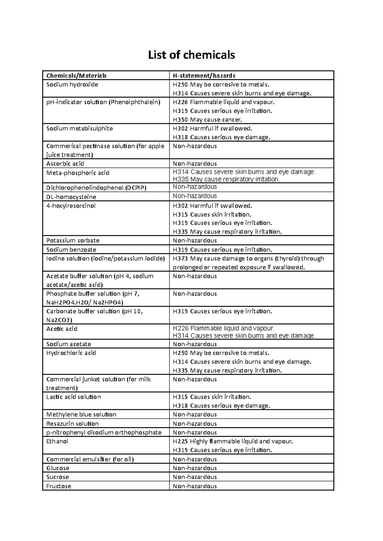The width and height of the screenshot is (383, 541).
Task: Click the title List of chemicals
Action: click(x=191, y=55)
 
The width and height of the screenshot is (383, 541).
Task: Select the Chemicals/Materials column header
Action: click(x=76, y=76)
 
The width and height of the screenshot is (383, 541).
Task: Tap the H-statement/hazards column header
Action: click(x=204, y=76)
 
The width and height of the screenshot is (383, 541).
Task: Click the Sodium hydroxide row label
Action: click(x=72, y=85)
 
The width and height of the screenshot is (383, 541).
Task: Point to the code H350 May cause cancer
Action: click(x=207, y=120)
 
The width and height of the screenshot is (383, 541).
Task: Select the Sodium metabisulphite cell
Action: click(x=79, y=129)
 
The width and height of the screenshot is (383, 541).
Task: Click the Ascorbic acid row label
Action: click(x=65, y=164)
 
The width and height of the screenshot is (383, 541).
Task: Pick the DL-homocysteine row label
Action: click(x=71, y=197)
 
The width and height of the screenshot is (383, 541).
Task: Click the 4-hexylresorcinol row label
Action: click(x=71, y=206)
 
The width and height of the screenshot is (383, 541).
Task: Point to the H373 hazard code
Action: click(x=180, y=259)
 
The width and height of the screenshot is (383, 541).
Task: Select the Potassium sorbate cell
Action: click(x=73, y=241)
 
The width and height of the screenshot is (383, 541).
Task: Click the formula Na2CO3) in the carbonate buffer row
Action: click(x=59, y=320)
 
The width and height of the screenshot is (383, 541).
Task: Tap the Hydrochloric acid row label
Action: click(x=71, y=353)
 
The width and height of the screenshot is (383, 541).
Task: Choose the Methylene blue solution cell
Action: click(x=81, y=415)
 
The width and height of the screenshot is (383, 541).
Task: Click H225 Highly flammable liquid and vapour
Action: click(x=233, y=442)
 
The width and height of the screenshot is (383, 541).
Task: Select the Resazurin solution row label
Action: click(x=72, y=424)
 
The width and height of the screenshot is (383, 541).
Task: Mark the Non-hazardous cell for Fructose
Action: click(x=195, y=486)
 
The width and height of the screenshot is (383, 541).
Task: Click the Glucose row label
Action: click(x=58, y=468)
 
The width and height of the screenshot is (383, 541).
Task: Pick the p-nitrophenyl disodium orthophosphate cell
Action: click(x=104, y=433)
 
